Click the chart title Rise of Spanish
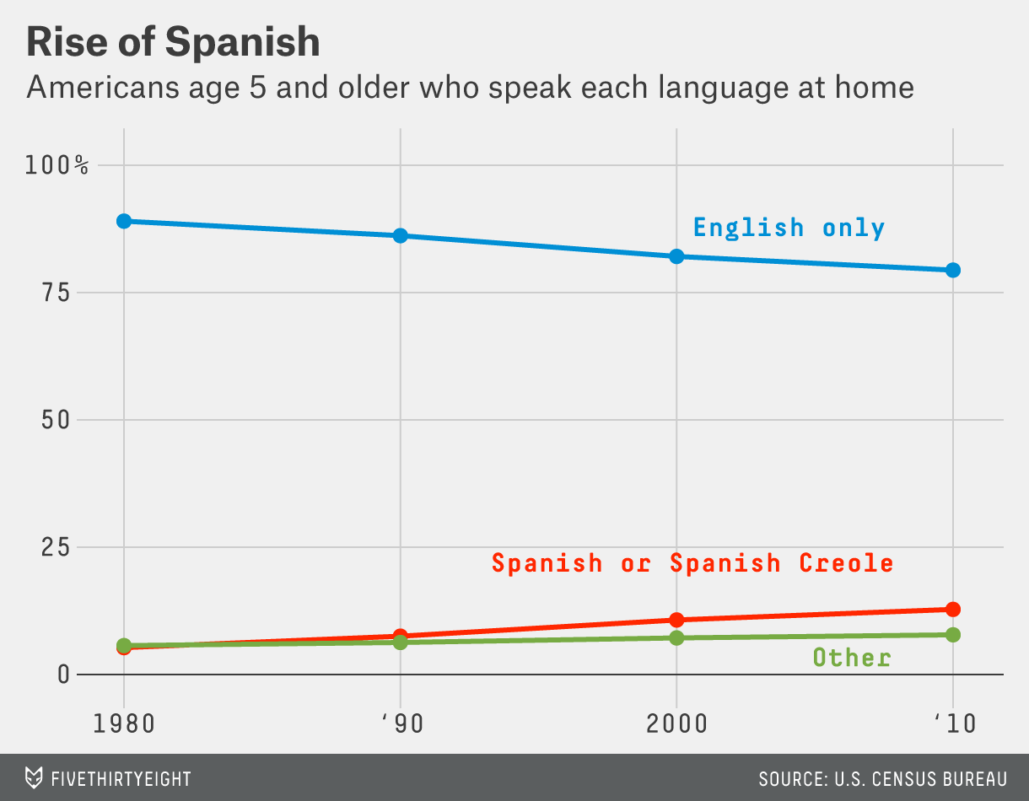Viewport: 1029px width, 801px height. pyautogui.click(x=173, y=42)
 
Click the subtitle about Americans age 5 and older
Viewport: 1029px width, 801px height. pyautogui.click(x=470, y=87)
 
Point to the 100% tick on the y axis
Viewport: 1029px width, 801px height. pyautogui.click(x=57, y=164)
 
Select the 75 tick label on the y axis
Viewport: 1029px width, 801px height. pyautogui.click(x=57, y=293)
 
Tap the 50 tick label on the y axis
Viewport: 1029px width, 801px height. pyautogui.click(x=57, y=420)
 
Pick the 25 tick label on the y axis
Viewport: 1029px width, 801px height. pyautogui.click(x=57, y=547)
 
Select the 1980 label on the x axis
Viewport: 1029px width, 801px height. pyautogui.click(x=124, y=725)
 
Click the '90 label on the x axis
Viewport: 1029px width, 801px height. pyautogui.click(x=400, y=725)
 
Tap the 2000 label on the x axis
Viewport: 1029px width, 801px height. pyautogui.click(x=676, y=725)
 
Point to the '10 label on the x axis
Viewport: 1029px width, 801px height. pyautogui.click(x=953, y=725)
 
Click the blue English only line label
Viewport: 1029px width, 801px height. pyautogui.click(x=789, y=228)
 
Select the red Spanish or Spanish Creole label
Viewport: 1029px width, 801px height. pyautogui.click(x=692, y=562)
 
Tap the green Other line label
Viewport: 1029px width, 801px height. pyautogui.click(x=852, y=658)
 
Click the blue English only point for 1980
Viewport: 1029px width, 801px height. pyautogui.click(x=124, y=221)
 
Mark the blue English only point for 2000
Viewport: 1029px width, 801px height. pyautogui.click(x=676, y=256)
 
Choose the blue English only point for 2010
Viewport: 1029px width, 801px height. pyautogui.click(x=953, y=270)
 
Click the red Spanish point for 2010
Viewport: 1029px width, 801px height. pyautogui.click(x=953, y=609)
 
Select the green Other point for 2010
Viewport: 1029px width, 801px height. pyautogui.click(x=953, y=634)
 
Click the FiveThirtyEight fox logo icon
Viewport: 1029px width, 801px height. pyautogui.click(x=34, y=777)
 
